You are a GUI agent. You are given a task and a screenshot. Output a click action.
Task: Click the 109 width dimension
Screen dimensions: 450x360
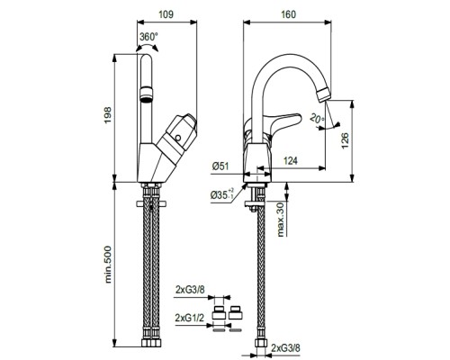[166, 14]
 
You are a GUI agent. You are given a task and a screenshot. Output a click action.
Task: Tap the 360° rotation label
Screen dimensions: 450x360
[148, 37]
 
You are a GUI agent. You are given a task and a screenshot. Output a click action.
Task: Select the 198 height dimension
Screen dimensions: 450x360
[107, 114]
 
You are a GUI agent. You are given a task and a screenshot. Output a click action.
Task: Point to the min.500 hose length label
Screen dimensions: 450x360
[108, 265]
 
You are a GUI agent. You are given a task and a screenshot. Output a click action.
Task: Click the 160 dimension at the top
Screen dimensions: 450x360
[288, 14]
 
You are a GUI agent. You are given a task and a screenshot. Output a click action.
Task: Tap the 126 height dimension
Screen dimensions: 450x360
[345, 140]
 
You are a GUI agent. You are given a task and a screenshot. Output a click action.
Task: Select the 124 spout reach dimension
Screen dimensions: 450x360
[290, 161]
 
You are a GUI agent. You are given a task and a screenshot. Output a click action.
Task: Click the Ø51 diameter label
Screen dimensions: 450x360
[220, 166]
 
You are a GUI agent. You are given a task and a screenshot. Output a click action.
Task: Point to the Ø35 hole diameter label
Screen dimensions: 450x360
[222, 194]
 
